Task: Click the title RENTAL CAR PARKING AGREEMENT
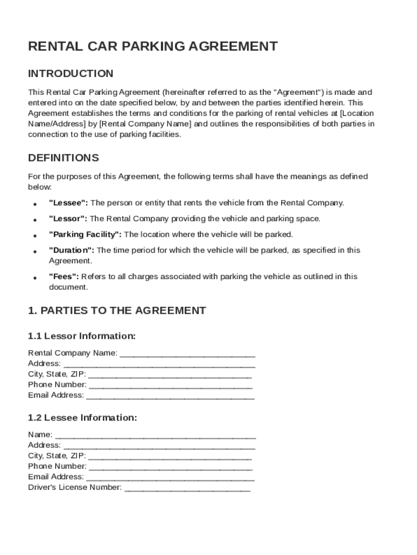tap(153, 47)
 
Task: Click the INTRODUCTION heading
tap(70, 74)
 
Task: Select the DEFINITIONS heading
tap(63, 158)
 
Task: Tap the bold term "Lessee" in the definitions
tap(68, 203)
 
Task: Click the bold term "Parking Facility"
tap(86, 235)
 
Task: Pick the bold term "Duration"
tap(71, 250)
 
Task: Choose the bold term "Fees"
tap(64, 276)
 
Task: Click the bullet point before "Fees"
tap(35, 277)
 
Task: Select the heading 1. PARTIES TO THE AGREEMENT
tap(116, 311)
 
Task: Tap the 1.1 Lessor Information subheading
tap(81, 337)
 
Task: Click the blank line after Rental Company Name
tap(187, 354)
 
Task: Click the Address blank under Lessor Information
tap(159, 364)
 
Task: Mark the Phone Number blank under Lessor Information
tap(170, 385)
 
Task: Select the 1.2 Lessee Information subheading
tap(82, 418)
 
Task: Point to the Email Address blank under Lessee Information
tap(170, 477)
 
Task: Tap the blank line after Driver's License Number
tap(187, 488)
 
